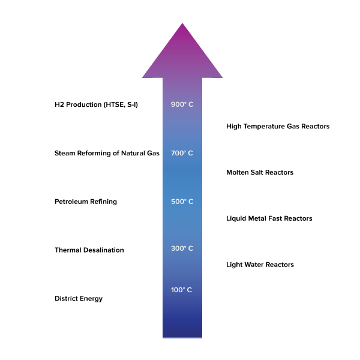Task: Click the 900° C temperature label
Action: point(182,104)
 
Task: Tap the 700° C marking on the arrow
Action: point(182,153)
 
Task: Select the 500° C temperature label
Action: point(182,202)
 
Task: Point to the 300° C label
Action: point(182,248)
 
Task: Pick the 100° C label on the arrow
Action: point(181,290)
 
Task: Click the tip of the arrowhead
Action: point(182,23)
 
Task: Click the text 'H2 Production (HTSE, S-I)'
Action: point(96,104)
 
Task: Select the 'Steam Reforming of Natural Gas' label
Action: point(107,153)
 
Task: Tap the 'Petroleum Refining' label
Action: point(86,202)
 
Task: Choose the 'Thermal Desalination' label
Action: point(89,250)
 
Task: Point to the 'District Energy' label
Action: point(79,299)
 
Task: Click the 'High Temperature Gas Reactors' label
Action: point(278,126)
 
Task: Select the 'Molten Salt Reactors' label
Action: point(260,172)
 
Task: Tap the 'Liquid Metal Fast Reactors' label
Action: point(269,218)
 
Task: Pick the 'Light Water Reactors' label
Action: point(260,265)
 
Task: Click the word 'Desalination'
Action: point(104,250)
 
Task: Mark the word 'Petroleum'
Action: point(71,202)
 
